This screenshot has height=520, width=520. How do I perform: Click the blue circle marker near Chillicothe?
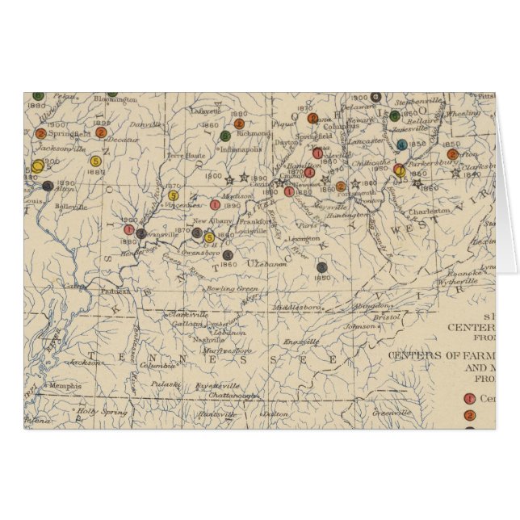[401, 145]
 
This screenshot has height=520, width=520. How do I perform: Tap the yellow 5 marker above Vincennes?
[174, 195]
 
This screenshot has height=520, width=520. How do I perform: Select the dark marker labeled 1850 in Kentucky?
[322, 267]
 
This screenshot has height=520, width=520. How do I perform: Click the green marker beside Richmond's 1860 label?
[225, 136]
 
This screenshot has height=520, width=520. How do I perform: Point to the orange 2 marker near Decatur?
[101, 132]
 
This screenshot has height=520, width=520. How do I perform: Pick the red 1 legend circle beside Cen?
[470, 397]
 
